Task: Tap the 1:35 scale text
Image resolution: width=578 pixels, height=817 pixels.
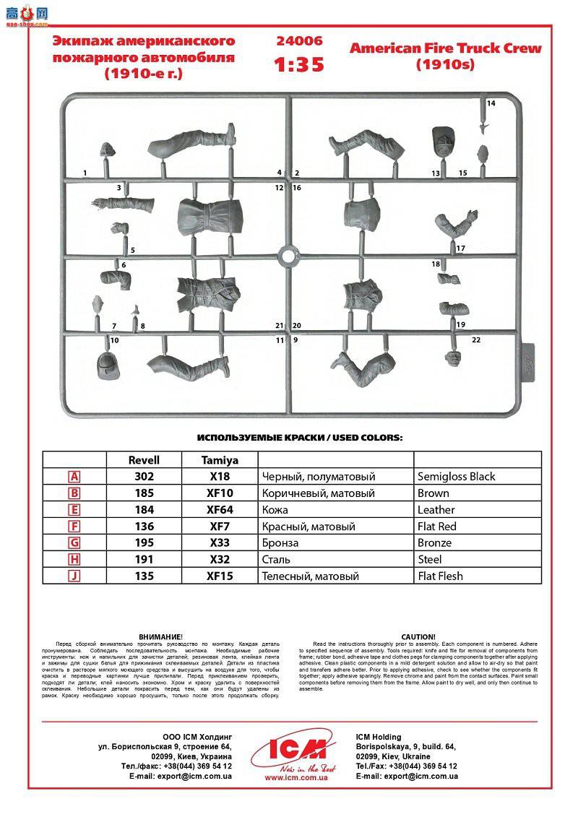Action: click(x=298, y=64)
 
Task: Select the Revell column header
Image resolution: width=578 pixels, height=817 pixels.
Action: click(x=144, y=459)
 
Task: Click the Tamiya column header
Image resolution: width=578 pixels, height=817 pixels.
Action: click(x=220, y=459)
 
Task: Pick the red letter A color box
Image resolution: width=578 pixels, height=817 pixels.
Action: click(x=74, y=477)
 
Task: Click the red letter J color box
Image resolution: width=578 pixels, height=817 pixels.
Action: click(x=74, y=576)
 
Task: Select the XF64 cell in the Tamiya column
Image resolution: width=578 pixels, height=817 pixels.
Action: click(x=220, y=510)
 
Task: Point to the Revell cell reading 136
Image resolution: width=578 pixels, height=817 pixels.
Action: click(x=144, y=527)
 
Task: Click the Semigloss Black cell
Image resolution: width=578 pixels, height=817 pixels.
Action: click(x=456, y=477)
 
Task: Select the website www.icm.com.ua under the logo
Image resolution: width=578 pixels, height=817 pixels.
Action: click(x=296, y=778)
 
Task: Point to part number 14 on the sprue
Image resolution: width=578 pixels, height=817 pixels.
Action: click(x=491, y=103)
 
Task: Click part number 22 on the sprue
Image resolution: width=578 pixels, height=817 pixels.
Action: click(x=475, y=340)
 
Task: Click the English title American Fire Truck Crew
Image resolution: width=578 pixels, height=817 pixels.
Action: click(x=445, y=49)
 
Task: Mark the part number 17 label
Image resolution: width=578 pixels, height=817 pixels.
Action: click(x=460, y=248)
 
